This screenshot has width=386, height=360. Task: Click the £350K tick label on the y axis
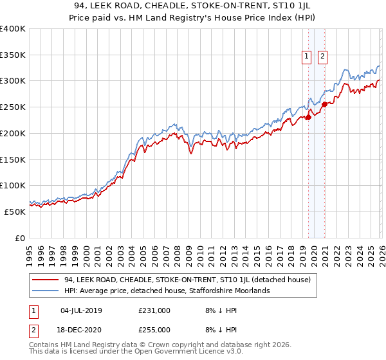(x=12, y=55)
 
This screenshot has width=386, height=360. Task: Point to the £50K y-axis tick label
(x=14, y=212)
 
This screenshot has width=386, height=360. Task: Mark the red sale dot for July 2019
(x=308, y=117)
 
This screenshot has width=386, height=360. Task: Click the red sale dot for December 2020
(x=325, y=104)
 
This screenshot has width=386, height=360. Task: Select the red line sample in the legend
(x=46, y=280)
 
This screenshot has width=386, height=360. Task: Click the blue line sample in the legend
(x=46, y=291)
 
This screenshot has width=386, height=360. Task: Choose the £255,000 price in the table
(x=154, y=329)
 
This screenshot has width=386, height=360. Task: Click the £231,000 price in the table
(x=154, y=310)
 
